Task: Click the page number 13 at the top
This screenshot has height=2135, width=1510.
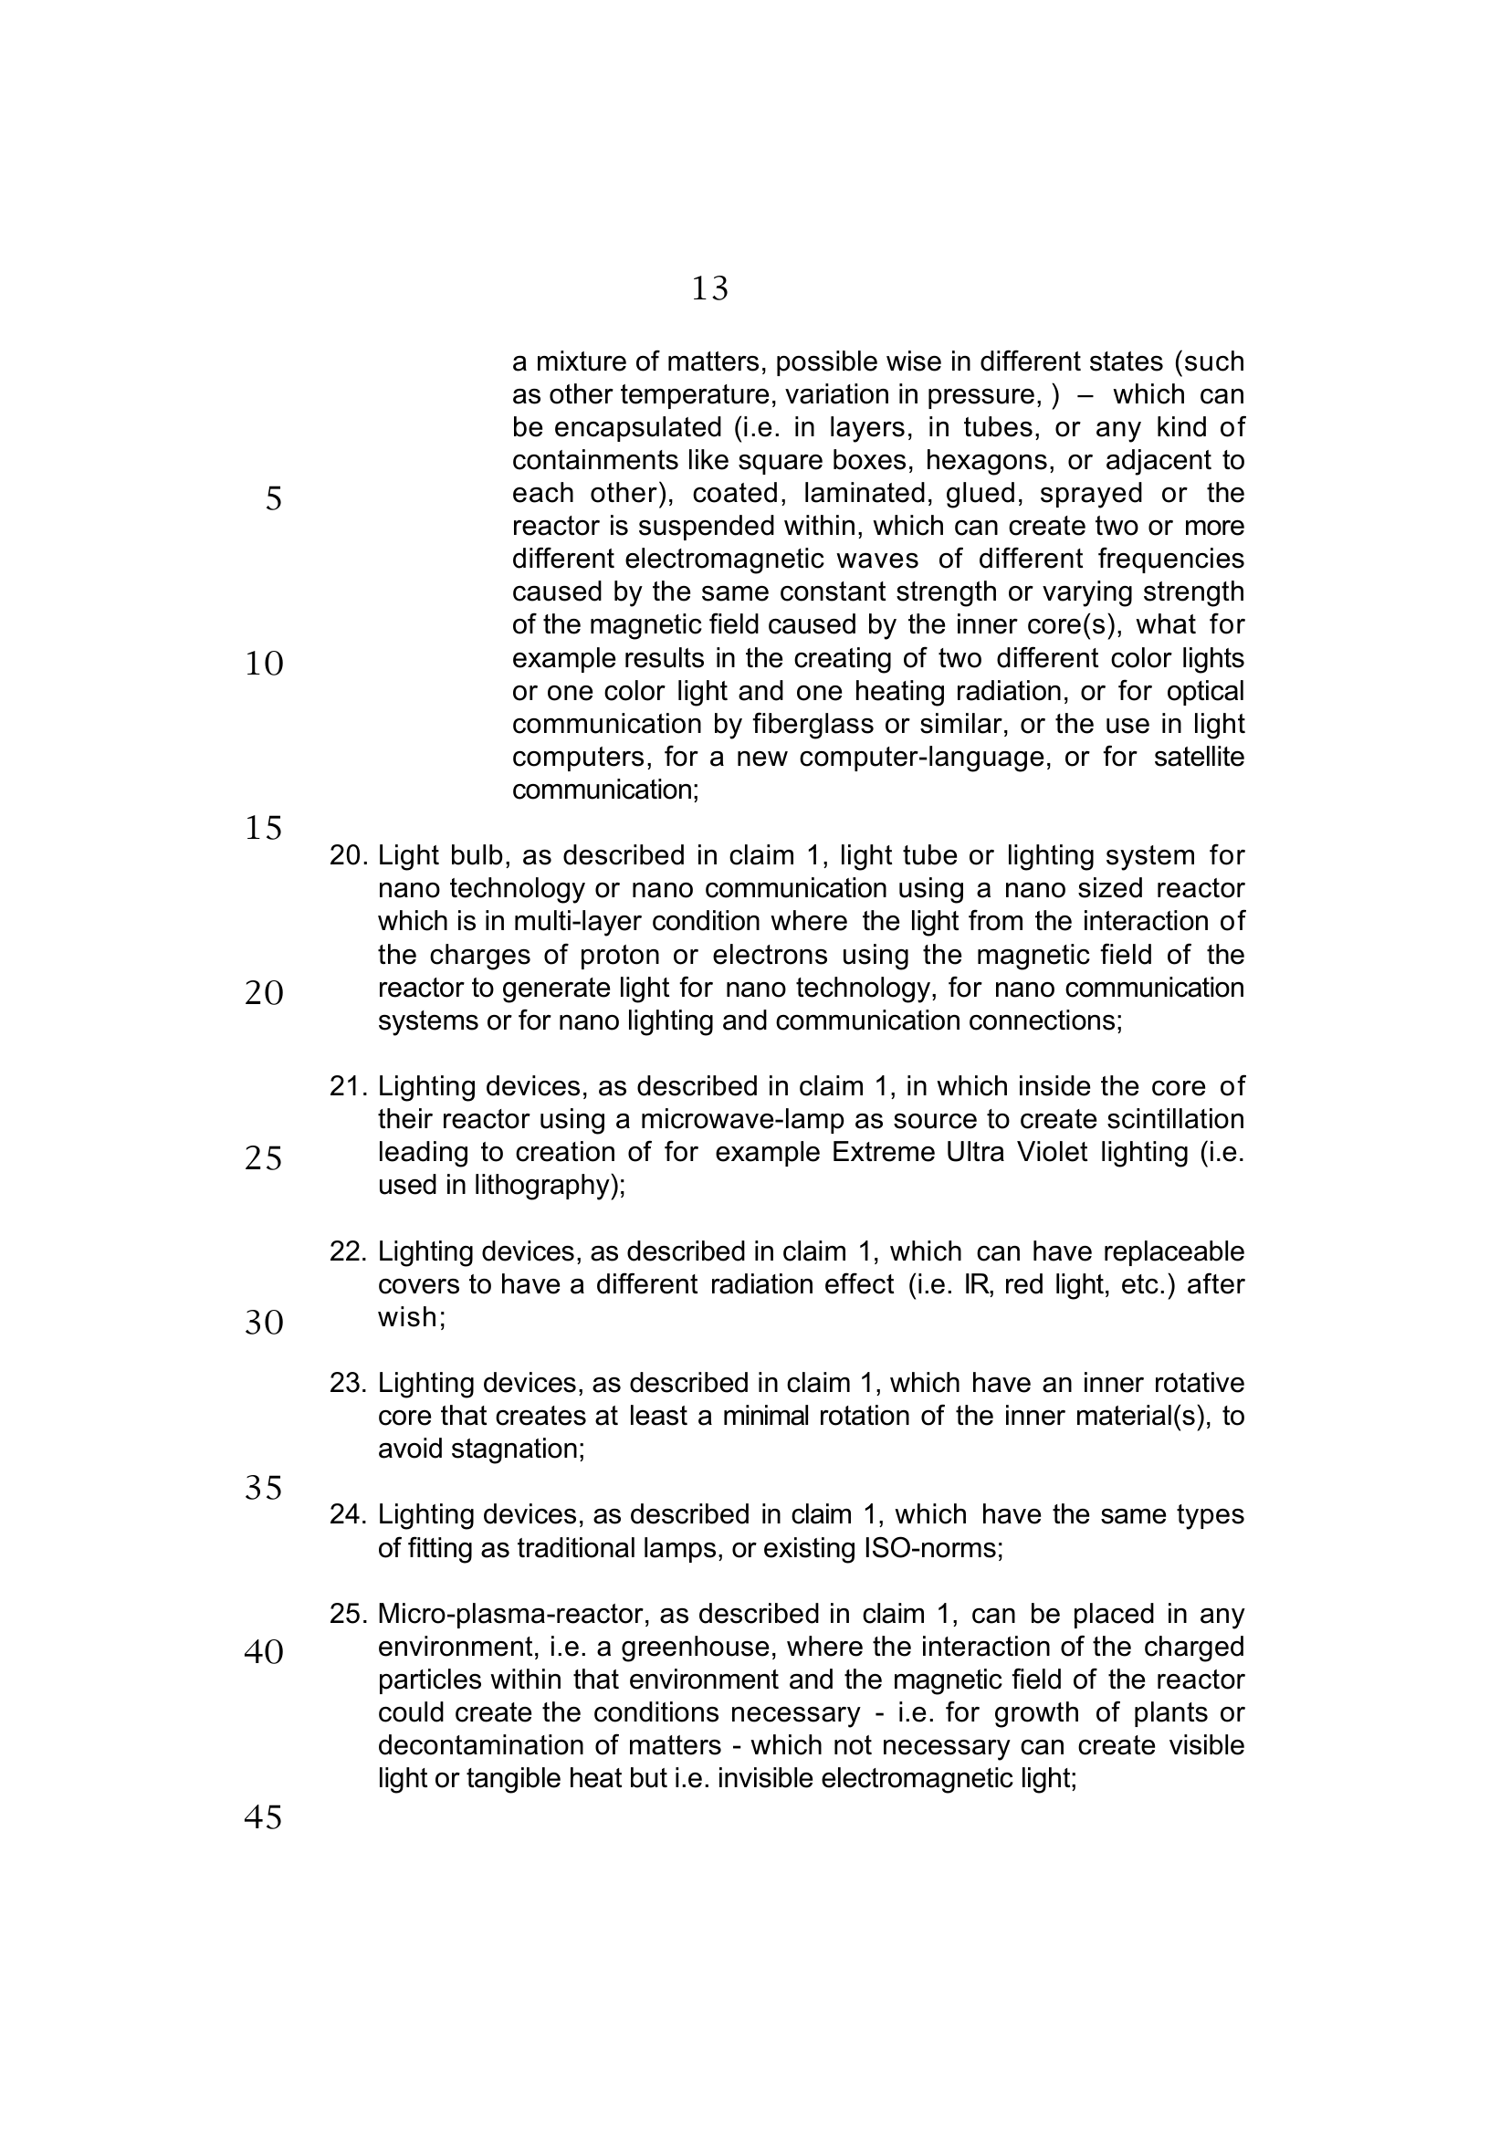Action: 709,289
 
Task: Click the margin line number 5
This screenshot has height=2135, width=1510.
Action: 273,499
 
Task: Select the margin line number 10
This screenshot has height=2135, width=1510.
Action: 264,664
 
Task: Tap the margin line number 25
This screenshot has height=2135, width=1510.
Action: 264,1158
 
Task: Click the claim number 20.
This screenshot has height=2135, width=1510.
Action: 349,855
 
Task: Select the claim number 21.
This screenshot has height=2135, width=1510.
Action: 349,1086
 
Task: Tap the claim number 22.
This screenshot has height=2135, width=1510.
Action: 349,1251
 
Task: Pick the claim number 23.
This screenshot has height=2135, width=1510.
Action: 349,1384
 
